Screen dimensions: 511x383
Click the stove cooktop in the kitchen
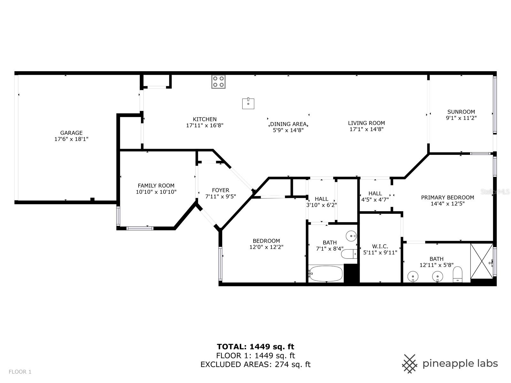click(x=218, y=82)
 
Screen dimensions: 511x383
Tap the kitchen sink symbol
click(x=248, y=103)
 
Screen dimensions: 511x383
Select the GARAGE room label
click(x=71, y=133)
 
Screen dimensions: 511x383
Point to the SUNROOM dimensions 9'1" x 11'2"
click(x=461, y=118)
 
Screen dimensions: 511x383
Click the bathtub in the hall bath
click(x=326, y=274)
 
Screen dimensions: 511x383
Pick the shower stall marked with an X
click(x=481, y=261)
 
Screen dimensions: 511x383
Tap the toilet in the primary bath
click(x=457, y=274)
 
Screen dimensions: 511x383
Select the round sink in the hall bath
click(x=351, y=236)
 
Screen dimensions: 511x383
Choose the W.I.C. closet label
click(x=380, y=246)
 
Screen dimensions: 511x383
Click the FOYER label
click(x=220, y=190)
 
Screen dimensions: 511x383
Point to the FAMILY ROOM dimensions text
click(x=156, y=192)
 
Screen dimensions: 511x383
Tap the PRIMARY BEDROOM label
click(x=447, y=198)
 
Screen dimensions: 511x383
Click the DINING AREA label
click(x=288, y=124)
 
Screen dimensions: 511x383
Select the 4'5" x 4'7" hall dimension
click(x=375, y=199)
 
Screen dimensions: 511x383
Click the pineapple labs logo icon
click(x=409, y=364)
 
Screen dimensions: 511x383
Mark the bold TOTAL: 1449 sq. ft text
click(x=256, y=347)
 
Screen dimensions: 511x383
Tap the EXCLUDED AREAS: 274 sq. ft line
click(x=256, y=364)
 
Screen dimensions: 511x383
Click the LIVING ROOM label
click(x=366, y=123)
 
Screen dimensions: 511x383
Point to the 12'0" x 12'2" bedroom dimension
click(x=266, y=247)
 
